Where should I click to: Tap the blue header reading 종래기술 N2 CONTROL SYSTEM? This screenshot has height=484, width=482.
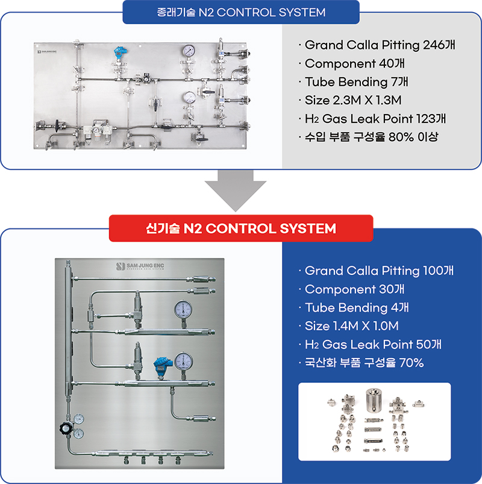click(241, 12)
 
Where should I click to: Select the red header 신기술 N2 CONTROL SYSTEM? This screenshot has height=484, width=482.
click(241, 228)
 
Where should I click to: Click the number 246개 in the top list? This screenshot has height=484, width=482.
click(439, 45)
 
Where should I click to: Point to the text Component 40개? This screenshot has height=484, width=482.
click(354, 63)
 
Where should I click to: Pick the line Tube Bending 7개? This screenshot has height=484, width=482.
click(357, 82)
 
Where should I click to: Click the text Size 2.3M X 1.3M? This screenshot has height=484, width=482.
click(353, 100)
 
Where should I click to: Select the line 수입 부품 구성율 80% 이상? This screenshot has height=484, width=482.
click(372, 137)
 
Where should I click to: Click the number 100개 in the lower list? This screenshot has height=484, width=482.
click(439, 271)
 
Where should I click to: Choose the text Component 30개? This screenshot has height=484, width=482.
click(354, 289)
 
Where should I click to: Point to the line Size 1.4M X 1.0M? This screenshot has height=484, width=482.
click(351, 326)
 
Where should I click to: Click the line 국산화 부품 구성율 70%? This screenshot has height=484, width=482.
click(364, 363)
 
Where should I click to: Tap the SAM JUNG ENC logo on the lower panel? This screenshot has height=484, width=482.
click(140, 266)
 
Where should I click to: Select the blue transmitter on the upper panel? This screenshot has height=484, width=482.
click(120, 52)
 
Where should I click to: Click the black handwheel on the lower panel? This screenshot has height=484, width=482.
click(66, 428)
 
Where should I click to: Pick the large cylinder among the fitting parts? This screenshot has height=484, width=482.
click(374, 400)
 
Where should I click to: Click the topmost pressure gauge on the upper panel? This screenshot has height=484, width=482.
click(189, 51)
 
